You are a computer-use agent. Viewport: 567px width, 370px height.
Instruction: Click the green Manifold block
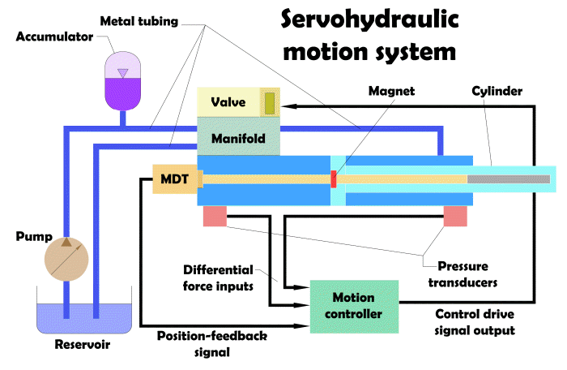click(239, 137)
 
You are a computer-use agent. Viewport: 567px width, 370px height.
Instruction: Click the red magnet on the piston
click(333, 179)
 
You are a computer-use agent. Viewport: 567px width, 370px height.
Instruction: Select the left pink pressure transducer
click(215, 216)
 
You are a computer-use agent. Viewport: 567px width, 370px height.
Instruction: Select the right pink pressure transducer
click(455, 216)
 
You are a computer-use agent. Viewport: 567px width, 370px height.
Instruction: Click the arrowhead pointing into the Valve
click(290, 105)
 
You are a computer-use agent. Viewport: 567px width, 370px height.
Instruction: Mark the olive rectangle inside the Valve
click(269, 103)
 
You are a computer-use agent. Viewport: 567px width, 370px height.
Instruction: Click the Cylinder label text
click(497, 91)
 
